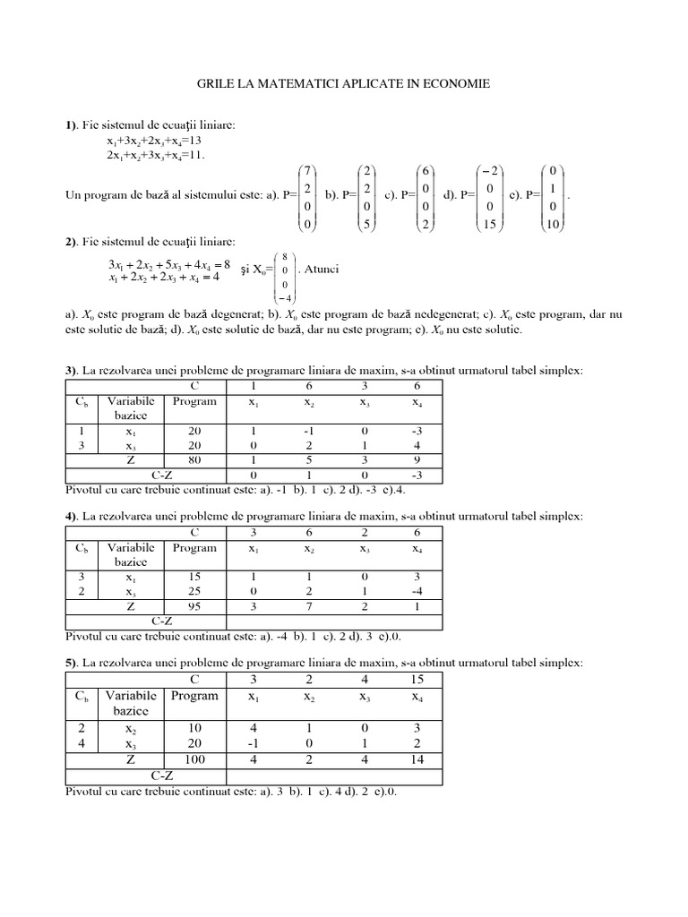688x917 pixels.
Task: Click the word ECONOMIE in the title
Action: (x=453, y=83)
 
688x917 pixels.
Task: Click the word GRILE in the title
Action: (x=218, y=83)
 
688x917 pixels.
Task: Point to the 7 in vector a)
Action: (x=307, y=170)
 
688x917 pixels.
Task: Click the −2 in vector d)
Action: (x=487, y=170)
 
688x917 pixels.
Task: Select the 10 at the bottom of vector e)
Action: (x=552, y=226)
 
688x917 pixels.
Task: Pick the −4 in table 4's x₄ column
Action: (x=417, y=593)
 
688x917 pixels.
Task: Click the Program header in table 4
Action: (x=194, y=548)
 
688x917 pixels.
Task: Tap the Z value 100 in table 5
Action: (x=194, y=760)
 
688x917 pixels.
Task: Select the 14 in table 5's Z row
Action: (x=417, y=760)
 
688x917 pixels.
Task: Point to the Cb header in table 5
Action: (x=80, y=696)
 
